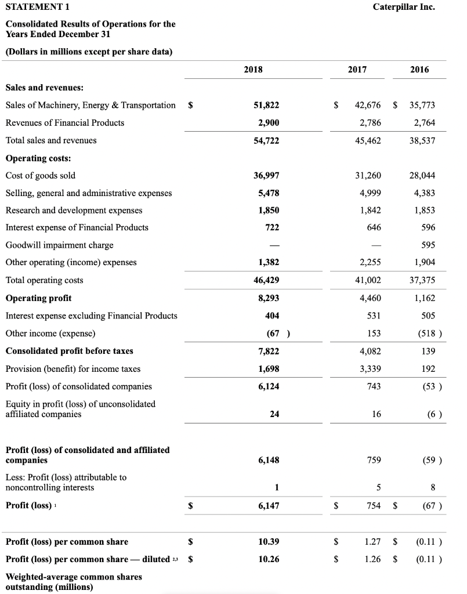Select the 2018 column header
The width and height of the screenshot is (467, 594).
coord(253,70)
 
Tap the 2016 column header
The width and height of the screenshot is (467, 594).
coord(419,70)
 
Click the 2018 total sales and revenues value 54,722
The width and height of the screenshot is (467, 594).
coord(266,140)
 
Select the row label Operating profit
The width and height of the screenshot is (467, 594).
coord(38,298)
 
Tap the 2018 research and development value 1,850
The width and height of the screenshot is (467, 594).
coord(268,210)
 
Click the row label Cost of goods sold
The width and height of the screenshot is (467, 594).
coord(40,175)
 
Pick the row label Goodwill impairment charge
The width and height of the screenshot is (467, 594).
coord(59,245)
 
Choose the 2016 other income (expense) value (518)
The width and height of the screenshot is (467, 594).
coord(429,334)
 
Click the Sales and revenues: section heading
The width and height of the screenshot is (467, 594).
coord(44,88)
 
